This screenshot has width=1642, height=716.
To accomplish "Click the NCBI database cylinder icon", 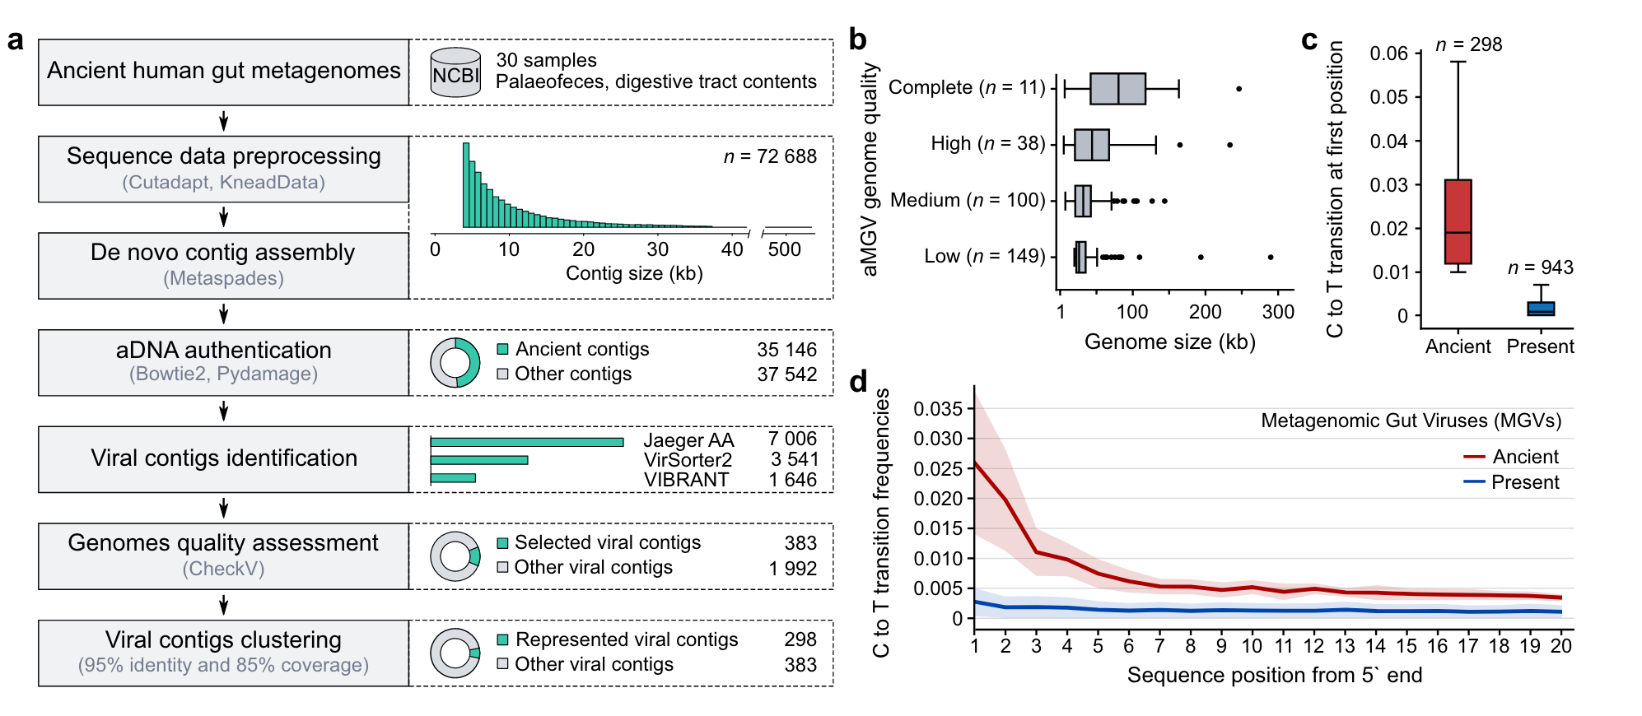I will point(455,72).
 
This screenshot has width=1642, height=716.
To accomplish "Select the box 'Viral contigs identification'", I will point(224,458).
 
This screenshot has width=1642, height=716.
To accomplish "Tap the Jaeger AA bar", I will point(526,442).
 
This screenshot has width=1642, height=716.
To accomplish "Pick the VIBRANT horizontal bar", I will point(453,478).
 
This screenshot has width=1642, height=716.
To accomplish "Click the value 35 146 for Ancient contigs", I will point(786,350).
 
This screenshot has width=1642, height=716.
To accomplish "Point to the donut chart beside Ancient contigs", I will point(455,362).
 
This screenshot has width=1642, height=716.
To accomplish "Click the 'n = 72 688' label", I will point(770,156).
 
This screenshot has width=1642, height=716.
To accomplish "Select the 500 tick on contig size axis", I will point(784,249).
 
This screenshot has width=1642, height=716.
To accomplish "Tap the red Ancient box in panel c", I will point(1458,221).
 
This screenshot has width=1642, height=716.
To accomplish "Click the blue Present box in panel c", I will point(1540,309).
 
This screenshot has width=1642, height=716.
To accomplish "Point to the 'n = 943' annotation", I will point(1540,267).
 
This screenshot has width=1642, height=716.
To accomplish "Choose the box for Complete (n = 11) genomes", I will point(1117,89).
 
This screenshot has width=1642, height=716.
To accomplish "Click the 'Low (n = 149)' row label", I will point(984,256).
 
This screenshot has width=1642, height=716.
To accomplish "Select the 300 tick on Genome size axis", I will point(1278,312).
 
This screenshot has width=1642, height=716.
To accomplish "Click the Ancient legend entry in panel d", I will point(1511,457).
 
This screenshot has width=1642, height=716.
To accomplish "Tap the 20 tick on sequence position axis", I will point(1560,646).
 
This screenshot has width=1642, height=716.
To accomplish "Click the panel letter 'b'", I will point(857,40).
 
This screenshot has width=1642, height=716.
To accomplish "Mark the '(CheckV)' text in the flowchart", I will point(224,569).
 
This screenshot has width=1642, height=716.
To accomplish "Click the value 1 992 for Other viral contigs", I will point(792,569).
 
